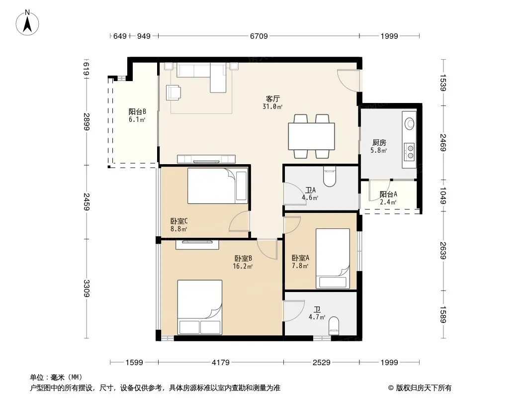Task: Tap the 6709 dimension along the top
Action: coord(259,36)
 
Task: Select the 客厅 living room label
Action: coord(272,99)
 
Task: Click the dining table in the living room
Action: coord(311,136)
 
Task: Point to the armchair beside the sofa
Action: coord(173,93)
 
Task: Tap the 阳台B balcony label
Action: coord(137,111)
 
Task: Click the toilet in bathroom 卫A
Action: coord(330,177)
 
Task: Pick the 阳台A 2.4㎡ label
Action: coord(388,198)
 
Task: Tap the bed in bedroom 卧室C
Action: coord(218,186)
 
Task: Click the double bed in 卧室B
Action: coord(200,307)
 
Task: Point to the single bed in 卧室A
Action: coord(333,259)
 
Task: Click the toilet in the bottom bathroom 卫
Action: coord(334,326)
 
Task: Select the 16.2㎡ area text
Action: coord(243,267)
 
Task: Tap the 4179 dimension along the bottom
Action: coord(221,363)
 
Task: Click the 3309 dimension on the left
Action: coord(87,289)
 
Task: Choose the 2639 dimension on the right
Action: coord(443,251)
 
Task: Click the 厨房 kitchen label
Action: coord(379,143)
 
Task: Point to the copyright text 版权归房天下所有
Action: coord(424,388)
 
